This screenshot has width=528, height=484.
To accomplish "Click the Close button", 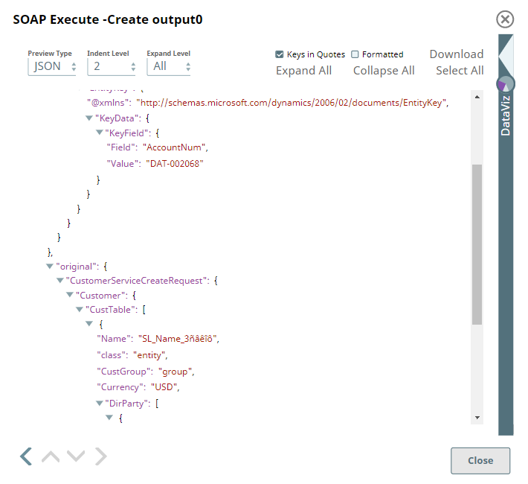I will coord(480,460).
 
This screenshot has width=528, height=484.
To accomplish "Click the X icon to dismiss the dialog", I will coord(505,19).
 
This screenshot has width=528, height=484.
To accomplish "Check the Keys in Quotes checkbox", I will coord(280,54).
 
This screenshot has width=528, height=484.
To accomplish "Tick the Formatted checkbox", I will coord(355,54).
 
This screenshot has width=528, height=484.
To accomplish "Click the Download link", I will coord(456,54).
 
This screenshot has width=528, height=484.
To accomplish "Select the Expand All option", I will coord(303,71).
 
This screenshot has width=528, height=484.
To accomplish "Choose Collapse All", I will coord(384,71).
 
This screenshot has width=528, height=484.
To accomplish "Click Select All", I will coord(460,71).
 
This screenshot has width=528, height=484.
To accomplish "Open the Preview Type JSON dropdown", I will coord(52,66).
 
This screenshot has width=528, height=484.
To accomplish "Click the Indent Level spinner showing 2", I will coord(111,66).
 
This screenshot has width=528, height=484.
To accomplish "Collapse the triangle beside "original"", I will coord(50,266).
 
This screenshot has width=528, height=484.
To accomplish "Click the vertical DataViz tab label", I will coord(506,115).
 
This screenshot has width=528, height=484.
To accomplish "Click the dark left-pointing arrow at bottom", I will coord(26,456).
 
